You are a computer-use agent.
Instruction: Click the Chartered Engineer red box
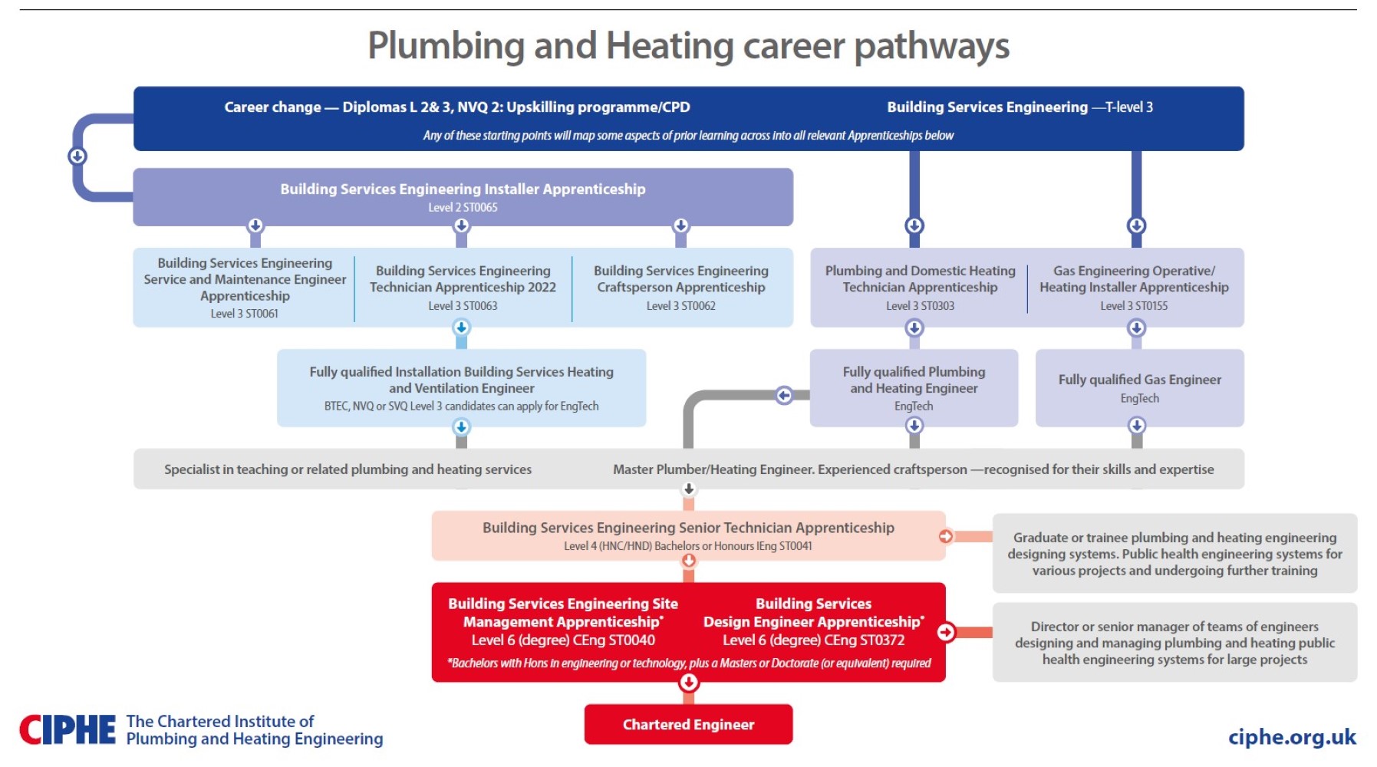coord(688,724)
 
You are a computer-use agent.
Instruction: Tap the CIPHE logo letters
coord(68,730)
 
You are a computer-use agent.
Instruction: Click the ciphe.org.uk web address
coord(1292,737)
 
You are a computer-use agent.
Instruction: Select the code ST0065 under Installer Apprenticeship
coord(480,208)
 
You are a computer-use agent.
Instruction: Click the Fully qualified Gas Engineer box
coord(1139,387)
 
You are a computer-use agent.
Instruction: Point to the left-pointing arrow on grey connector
coord(783,395)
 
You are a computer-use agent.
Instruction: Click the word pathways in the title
coord(931,46)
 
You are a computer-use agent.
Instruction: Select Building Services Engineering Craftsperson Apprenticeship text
coord(680,279)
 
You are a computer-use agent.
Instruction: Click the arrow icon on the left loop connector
coord(77,156)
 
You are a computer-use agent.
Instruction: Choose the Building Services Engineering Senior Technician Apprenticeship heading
coord(688,528)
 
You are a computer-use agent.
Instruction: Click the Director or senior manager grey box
coord(1174,643)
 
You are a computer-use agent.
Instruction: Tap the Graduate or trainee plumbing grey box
coord(1174,554)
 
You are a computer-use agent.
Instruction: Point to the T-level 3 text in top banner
coord(1128,107)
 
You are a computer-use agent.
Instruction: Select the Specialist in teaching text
coord(348,469)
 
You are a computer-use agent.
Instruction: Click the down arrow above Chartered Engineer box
coord(689,682)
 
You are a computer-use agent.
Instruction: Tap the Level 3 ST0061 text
coord(245,314)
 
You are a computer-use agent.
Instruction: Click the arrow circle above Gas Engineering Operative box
coord(1136,225)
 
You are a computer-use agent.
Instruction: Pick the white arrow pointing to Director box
coord(946,632)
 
